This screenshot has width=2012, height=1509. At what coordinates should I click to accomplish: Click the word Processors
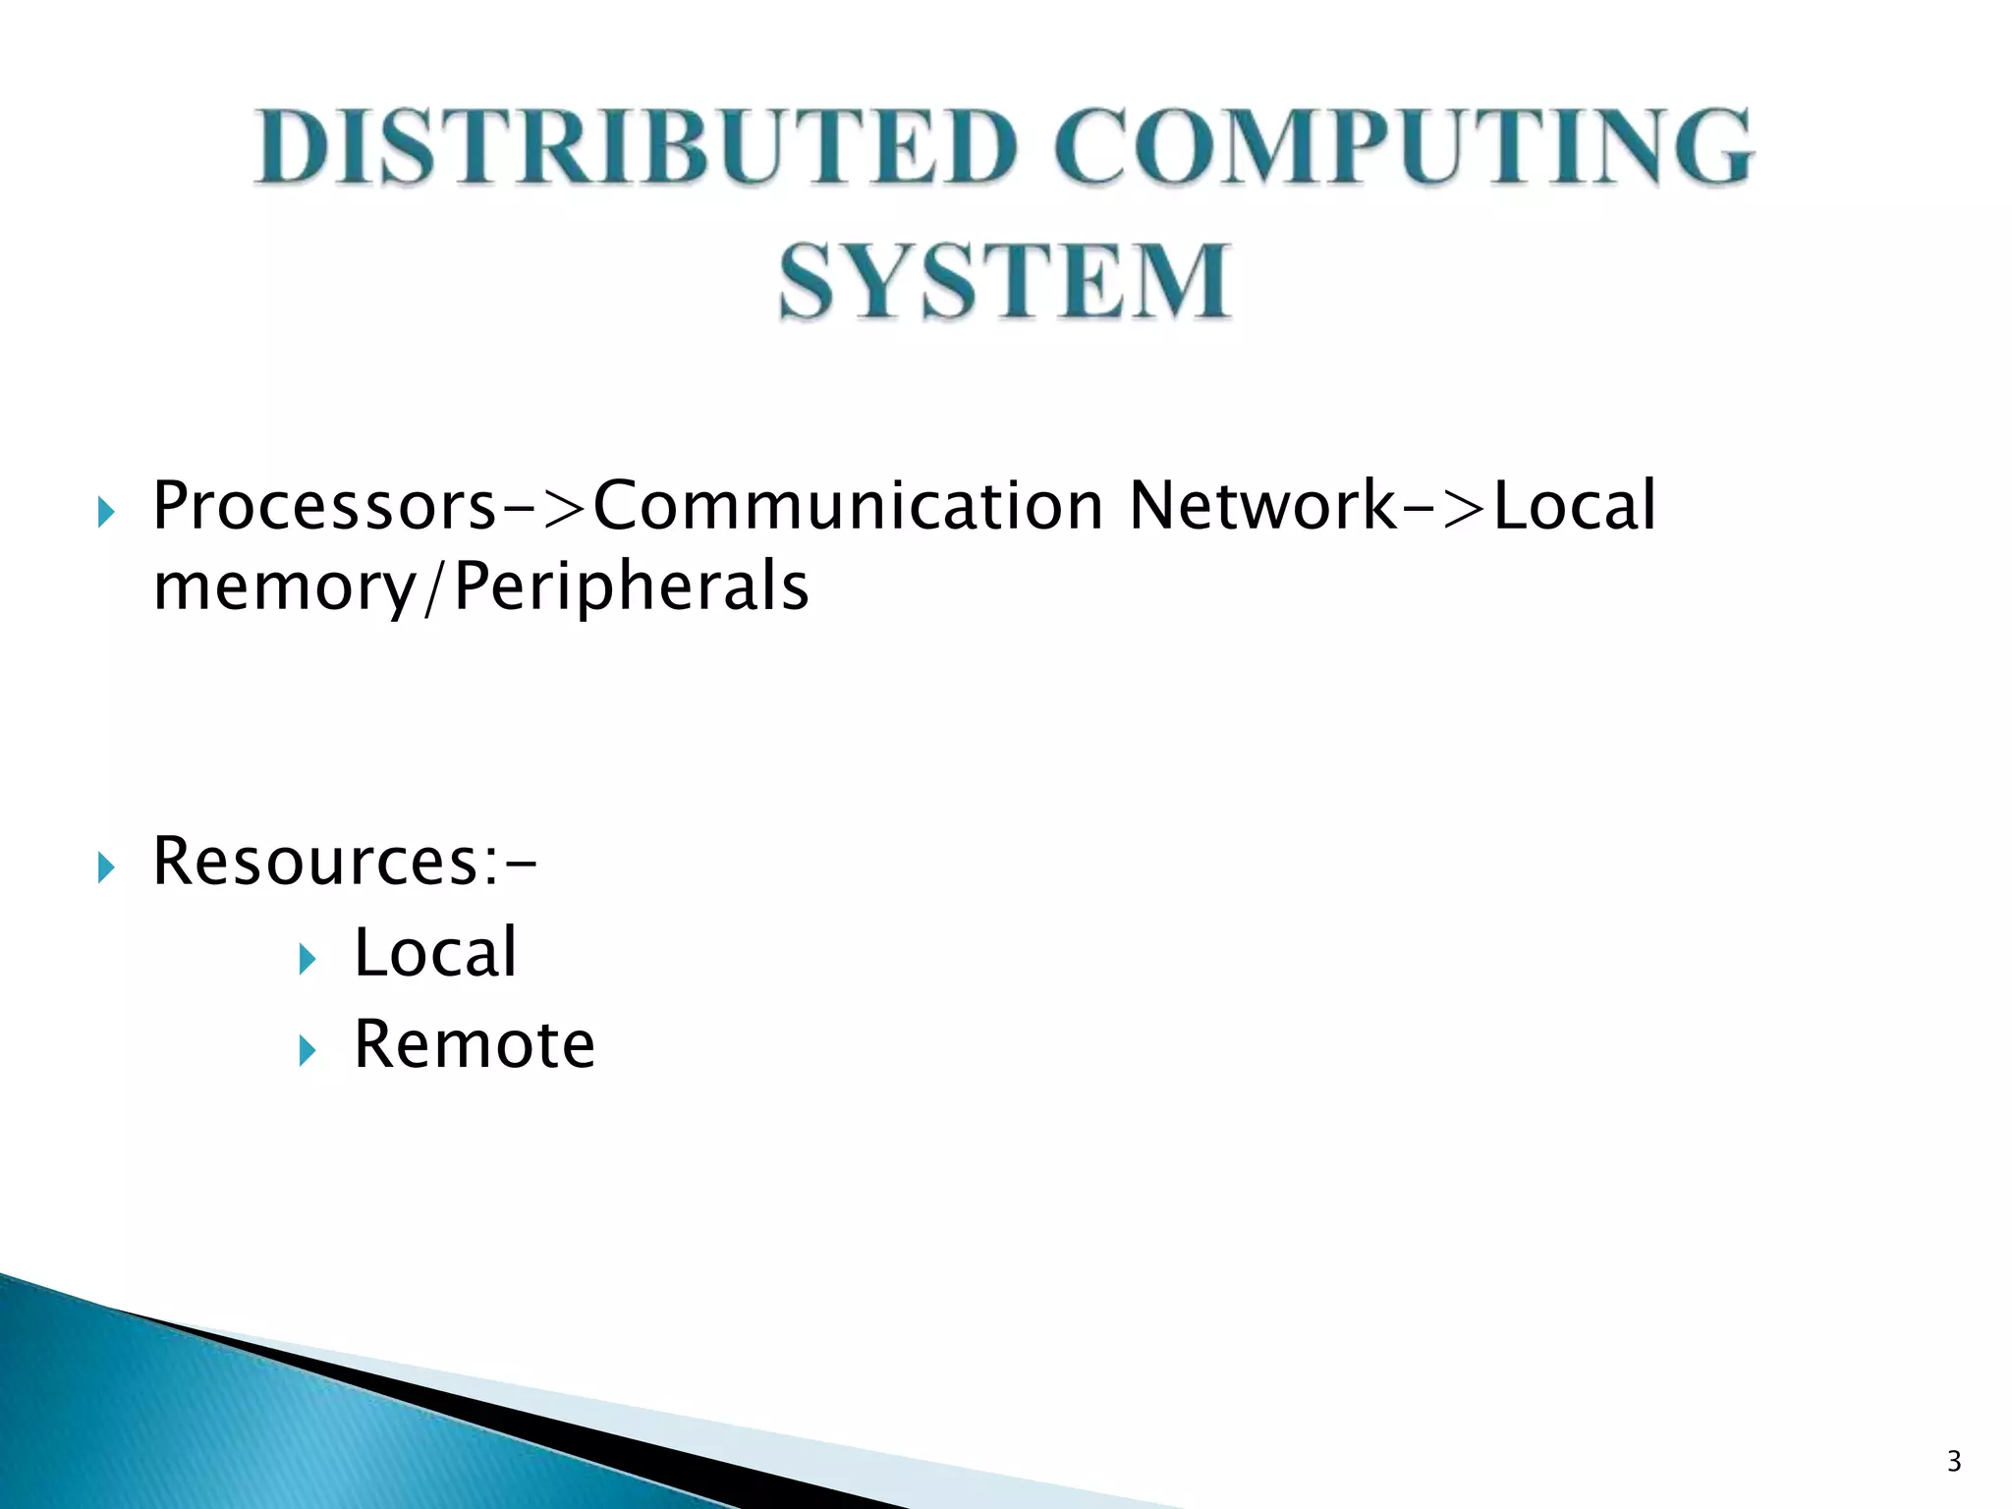(x=325, y=507)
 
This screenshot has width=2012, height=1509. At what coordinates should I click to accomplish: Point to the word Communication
(x=849, y=507)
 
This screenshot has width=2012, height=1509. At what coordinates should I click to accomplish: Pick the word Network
(x=1263, y=507)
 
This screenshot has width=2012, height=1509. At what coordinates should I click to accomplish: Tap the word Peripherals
(x=632, y=587)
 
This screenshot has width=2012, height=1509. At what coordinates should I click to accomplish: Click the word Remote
(x=475, y=1044)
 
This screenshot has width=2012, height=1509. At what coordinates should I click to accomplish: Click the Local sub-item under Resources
(x=435, y=953)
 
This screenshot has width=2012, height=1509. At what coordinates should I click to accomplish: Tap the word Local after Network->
(x=1575, y=507)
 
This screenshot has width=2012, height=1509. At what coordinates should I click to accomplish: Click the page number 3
(x=1954, y=1462)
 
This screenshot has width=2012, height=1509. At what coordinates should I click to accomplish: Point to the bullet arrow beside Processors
(x=106, y=512)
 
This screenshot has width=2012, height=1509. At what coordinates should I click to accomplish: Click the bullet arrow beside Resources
(x=106, y=867)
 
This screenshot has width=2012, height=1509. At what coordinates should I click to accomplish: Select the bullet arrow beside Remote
(x=307, y=1051)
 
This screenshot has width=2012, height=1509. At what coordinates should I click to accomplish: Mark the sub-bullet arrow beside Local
(x=307, y=959)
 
